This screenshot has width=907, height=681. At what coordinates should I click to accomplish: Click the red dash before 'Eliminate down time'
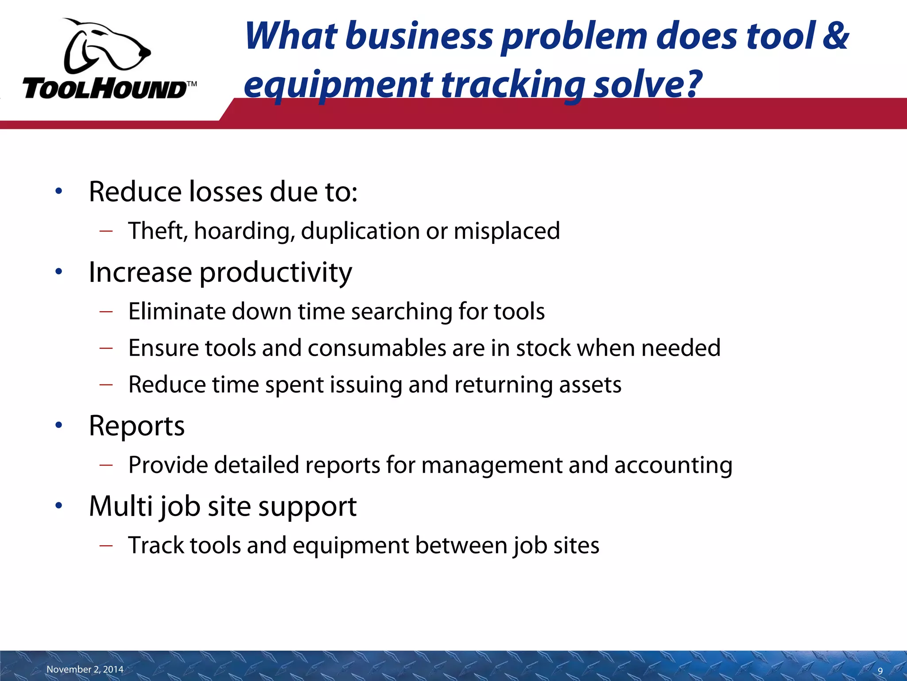click(x=106, y=312)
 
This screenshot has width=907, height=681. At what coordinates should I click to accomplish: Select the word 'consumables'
click(x=377, y=348)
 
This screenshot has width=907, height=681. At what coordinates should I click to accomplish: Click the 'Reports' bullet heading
click(x=136, y=426)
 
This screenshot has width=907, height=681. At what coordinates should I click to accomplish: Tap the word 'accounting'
click(x=673, y=466)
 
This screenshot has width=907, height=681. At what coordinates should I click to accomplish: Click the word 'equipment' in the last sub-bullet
click(x=350, y=546)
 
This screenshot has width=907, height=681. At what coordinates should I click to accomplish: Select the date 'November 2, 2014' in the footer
click(x=85, y=669)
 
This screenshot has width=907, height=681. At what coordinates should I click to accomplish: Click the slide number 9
click(x=880, y=671)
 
